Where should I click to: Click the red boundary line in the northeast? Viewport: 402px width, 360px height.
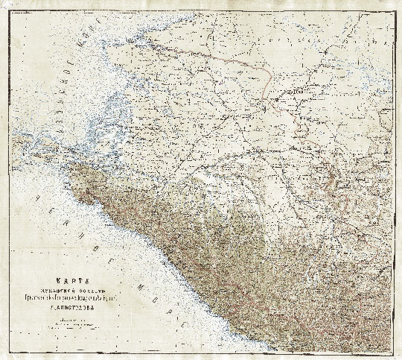click(223, 53)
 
